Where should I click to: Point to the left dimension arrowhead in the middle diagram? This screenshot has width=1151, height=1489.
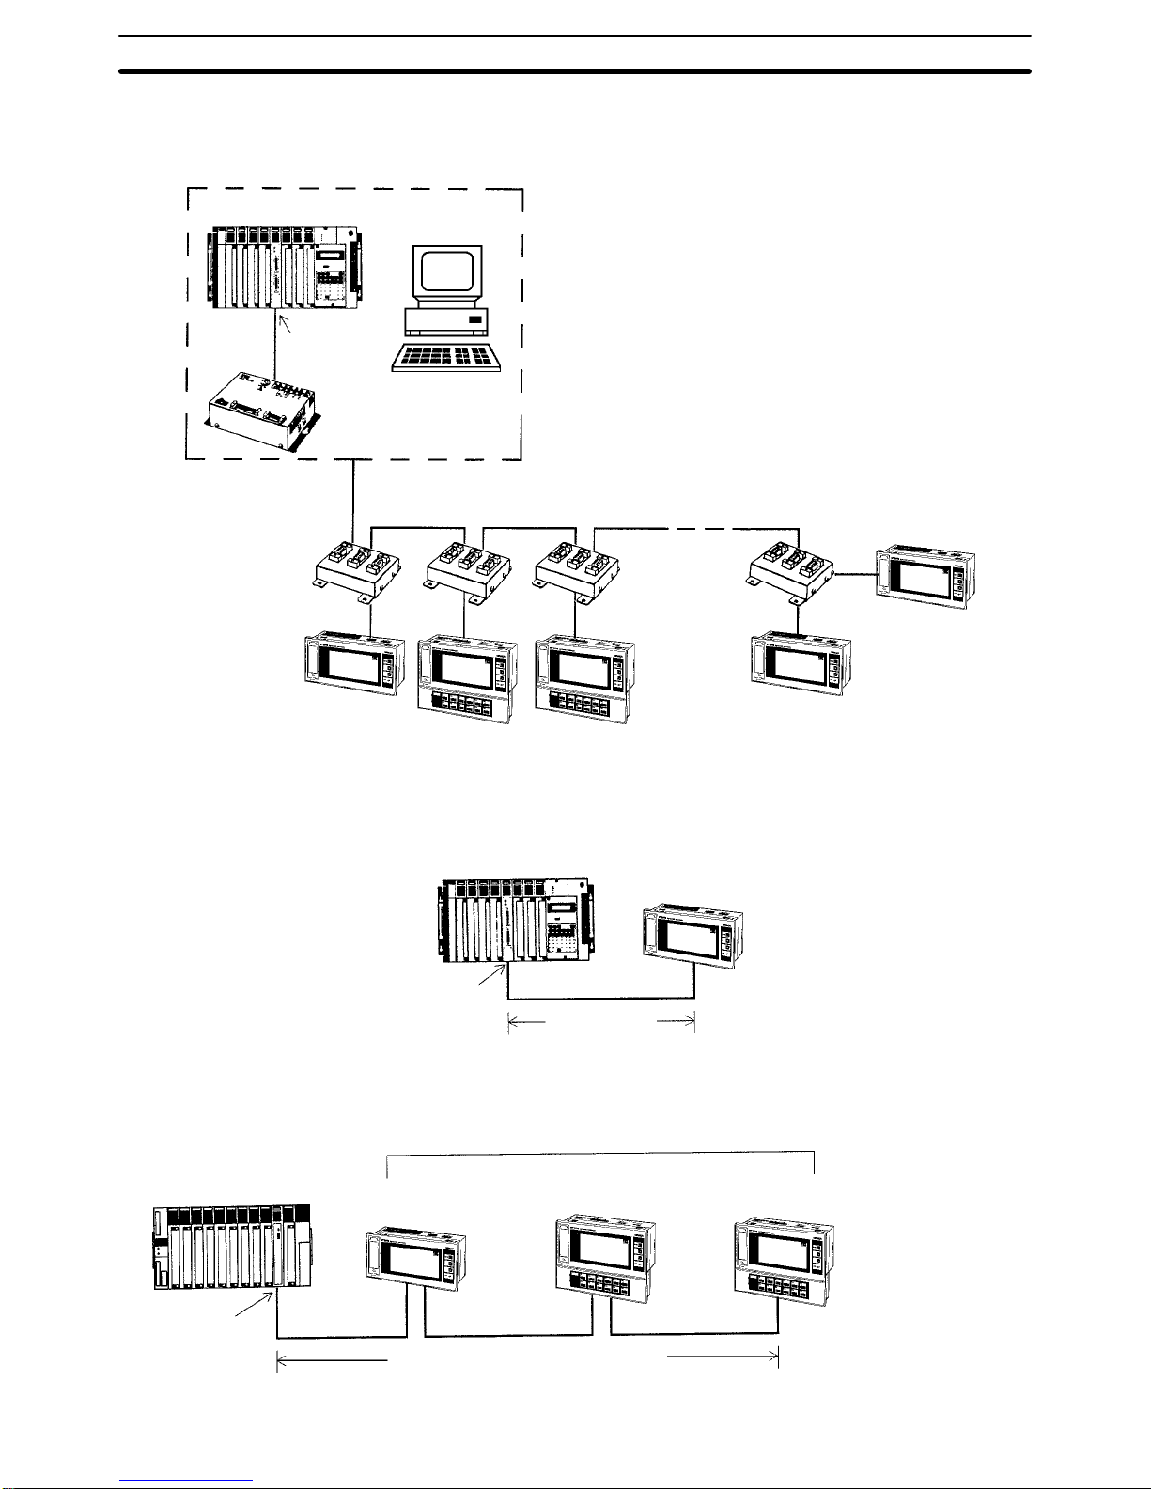[512, 1020]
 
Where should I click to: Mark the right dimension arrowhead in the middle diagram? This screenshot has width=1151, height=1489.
[690, 1020]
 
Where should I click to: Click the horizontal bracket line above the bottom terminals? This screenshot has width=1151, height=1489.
[601, 1150]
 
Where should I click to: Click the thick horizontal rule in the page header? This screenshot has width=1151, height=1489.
[575, 70]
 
